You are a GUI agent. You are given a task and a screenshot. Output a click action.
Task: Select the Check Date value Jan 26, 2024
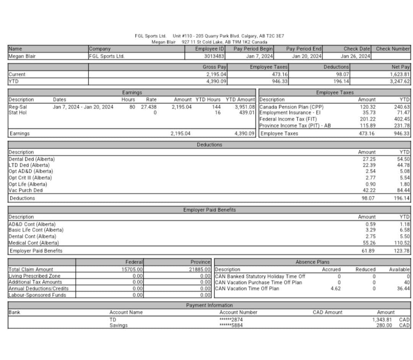point(355,56)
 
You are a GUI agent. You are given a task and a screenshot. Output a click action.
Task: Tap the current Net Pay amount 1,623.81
point(400,75)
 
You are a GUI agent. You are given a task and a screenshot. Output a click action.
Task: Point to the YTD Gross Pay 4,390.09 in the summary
point(216,81)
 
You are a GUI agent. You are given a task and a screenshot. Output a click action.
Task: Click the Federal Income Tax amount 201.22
point(367,119)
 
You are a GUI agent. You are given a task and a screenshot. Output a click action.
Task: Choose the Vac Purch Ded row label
point(26,190)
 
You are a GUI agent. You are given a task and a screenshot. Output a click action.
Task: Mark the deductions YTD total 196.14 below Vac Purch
point(402,198)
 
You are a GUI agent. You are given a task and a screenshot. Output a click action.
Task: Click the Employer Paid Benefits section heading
point(209,210)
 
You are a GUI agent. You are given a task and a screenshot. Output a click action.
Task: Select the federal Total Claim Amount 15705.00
point(132,269)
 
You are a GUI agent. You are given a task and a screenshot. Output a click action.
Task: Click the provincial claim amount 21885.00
point(200,269)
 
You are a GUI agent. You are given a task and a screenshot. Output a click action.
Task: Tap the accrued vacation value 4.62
point(335,289)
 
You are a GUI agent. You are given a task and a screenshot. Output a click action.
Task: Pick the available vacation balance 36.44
point(403,289)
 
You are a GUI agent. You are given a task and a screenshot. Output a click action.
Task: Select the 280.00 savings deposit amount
point(384,325)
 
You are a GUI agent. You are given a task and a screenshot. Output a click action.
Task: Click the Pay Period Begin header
point(253,49)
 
